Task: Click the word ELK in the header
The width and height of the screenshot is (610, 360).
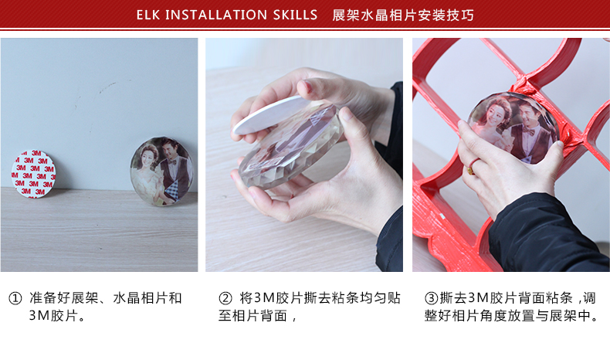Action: [147, 15]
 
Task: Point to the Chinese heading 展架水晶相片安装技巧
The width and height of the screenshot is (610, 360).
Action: [403, 15]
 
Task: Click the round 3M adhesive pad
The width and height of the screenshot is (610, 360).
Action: [34, 174]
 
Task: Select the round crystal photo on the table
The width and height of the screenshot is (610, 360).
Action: [162, 171]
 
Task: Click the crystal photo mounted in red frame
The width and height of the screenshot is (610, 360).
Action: [513, 127]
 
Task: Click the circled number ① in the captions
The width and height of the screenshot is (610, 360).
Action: [15, 299]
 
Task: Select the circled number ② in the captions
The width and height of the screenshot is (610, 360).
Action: [225, 299]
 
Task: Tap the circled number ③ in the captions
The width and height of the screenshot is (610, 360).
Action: [431, 299]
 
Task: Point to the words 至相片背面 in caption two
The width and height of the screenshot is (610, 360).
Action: [252, 315]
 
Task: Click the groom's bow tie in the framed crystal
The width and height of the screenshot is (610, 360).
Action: [528, 131]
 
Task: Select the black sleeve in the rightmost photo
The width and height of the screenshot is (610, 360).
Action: [544, 233]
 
